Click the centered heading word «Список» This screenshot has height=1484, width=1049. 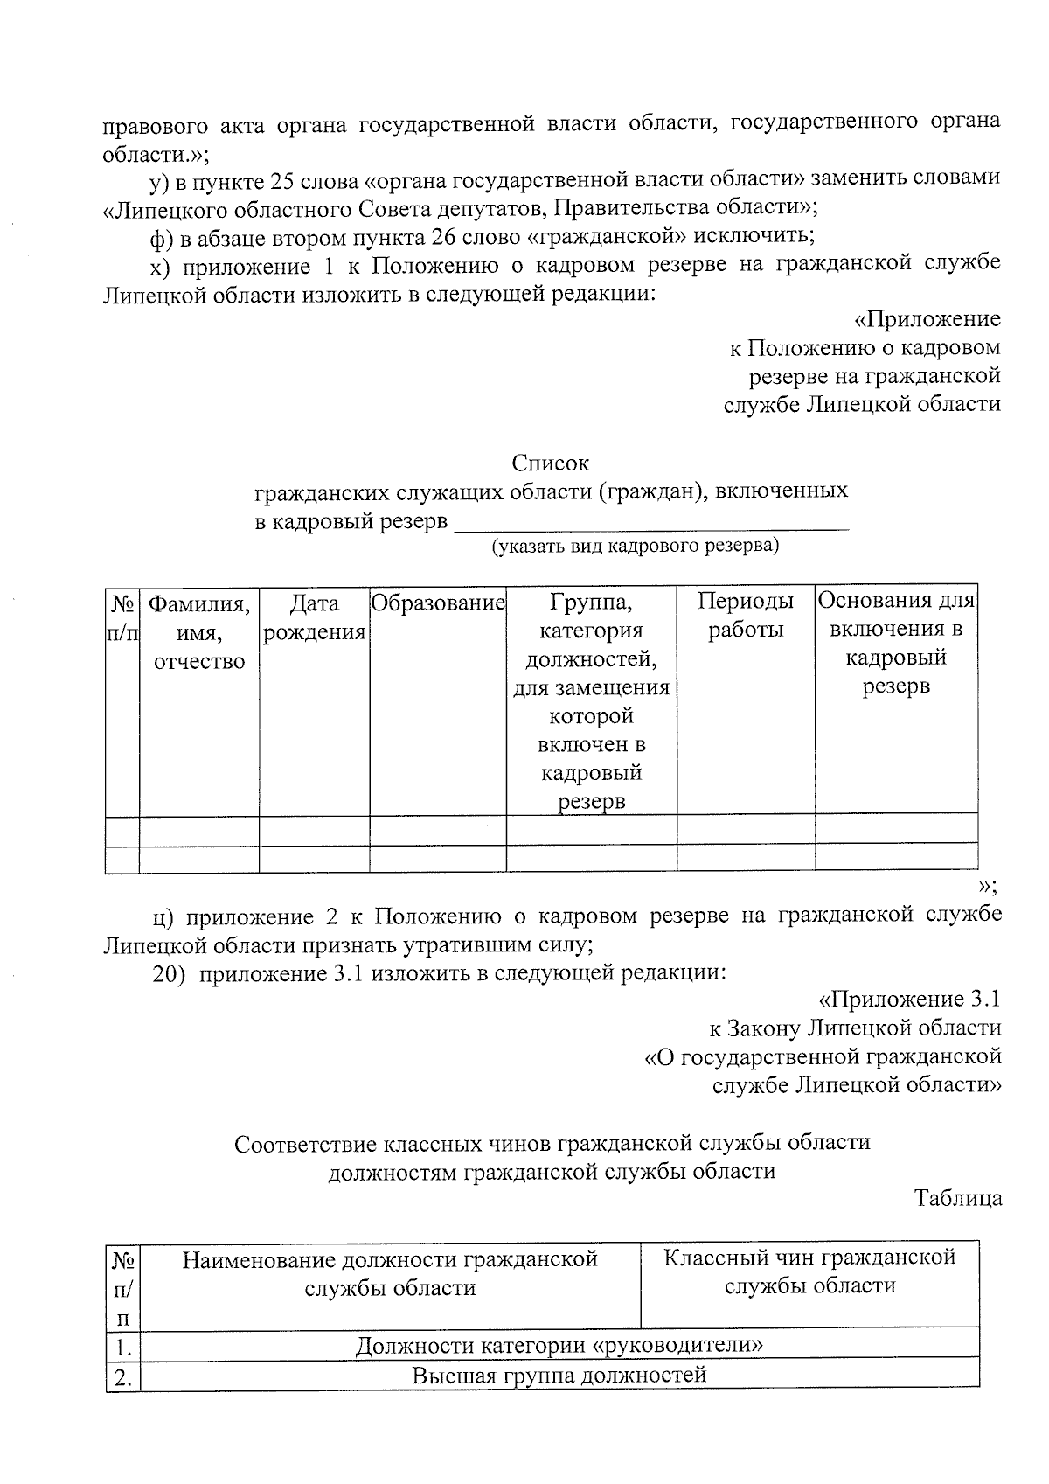(550, 463)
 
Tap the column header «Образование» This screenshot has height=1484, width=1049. (438, 603)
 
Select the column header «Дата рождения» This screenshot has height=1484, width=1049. (314, 617)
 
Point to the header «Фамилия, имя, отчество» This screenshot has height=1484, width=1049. (199, 631)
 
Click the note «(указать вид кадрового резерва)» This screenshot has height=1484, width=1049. (635, 547)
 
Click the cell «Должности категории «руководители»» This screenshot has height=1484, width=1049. (559, 1344)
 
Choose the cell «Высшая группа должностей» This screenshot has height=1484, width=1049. (559, 1376)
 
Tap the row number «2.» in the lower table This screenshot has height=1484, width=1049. (123, 1378)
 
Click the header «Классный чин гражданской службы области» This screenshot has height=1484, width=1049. (809, 1272)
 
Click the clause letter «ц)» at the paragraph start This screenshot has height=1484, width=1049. (163, 916)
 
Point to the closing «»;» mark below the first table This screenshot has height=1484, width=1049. (987, 886)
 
